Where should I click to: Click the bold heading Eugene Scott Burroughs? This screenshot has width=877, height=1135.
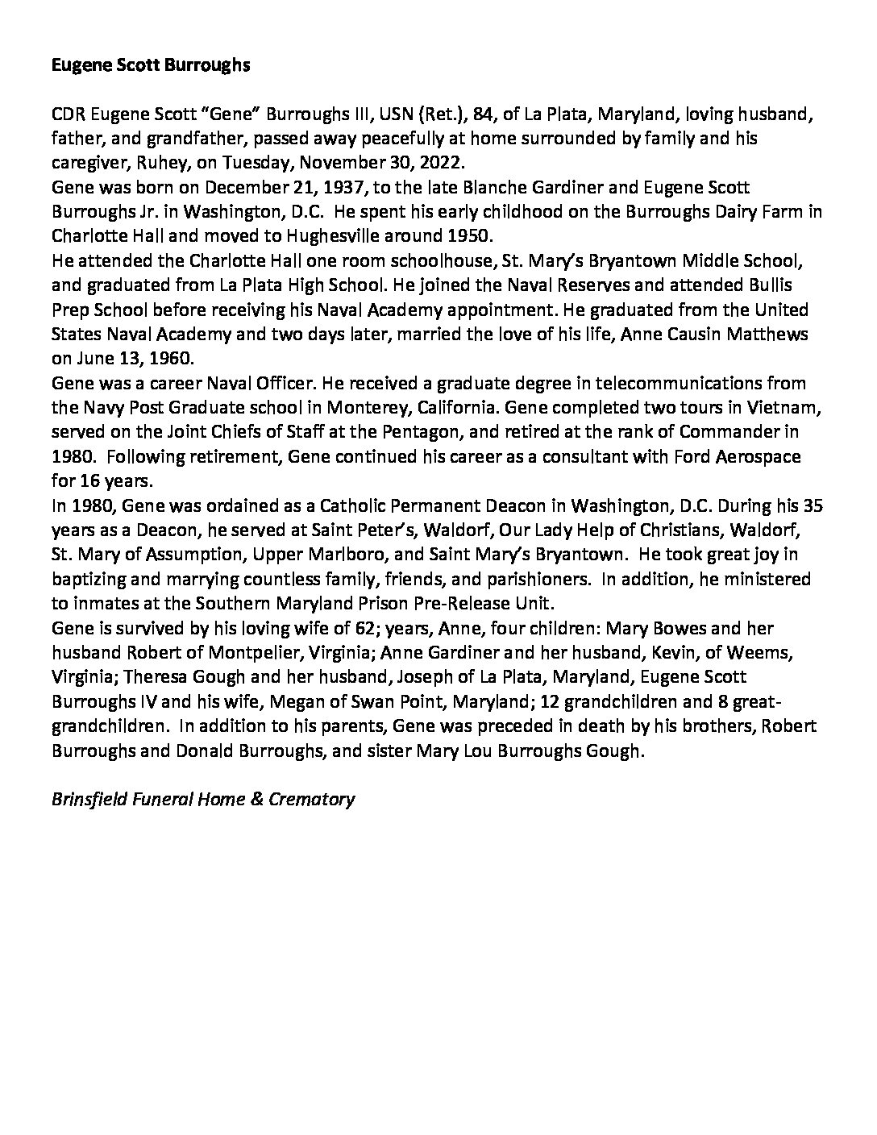coord(150,66)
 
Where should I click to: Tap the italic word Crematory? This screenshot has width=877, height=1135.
coord(311,800)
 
